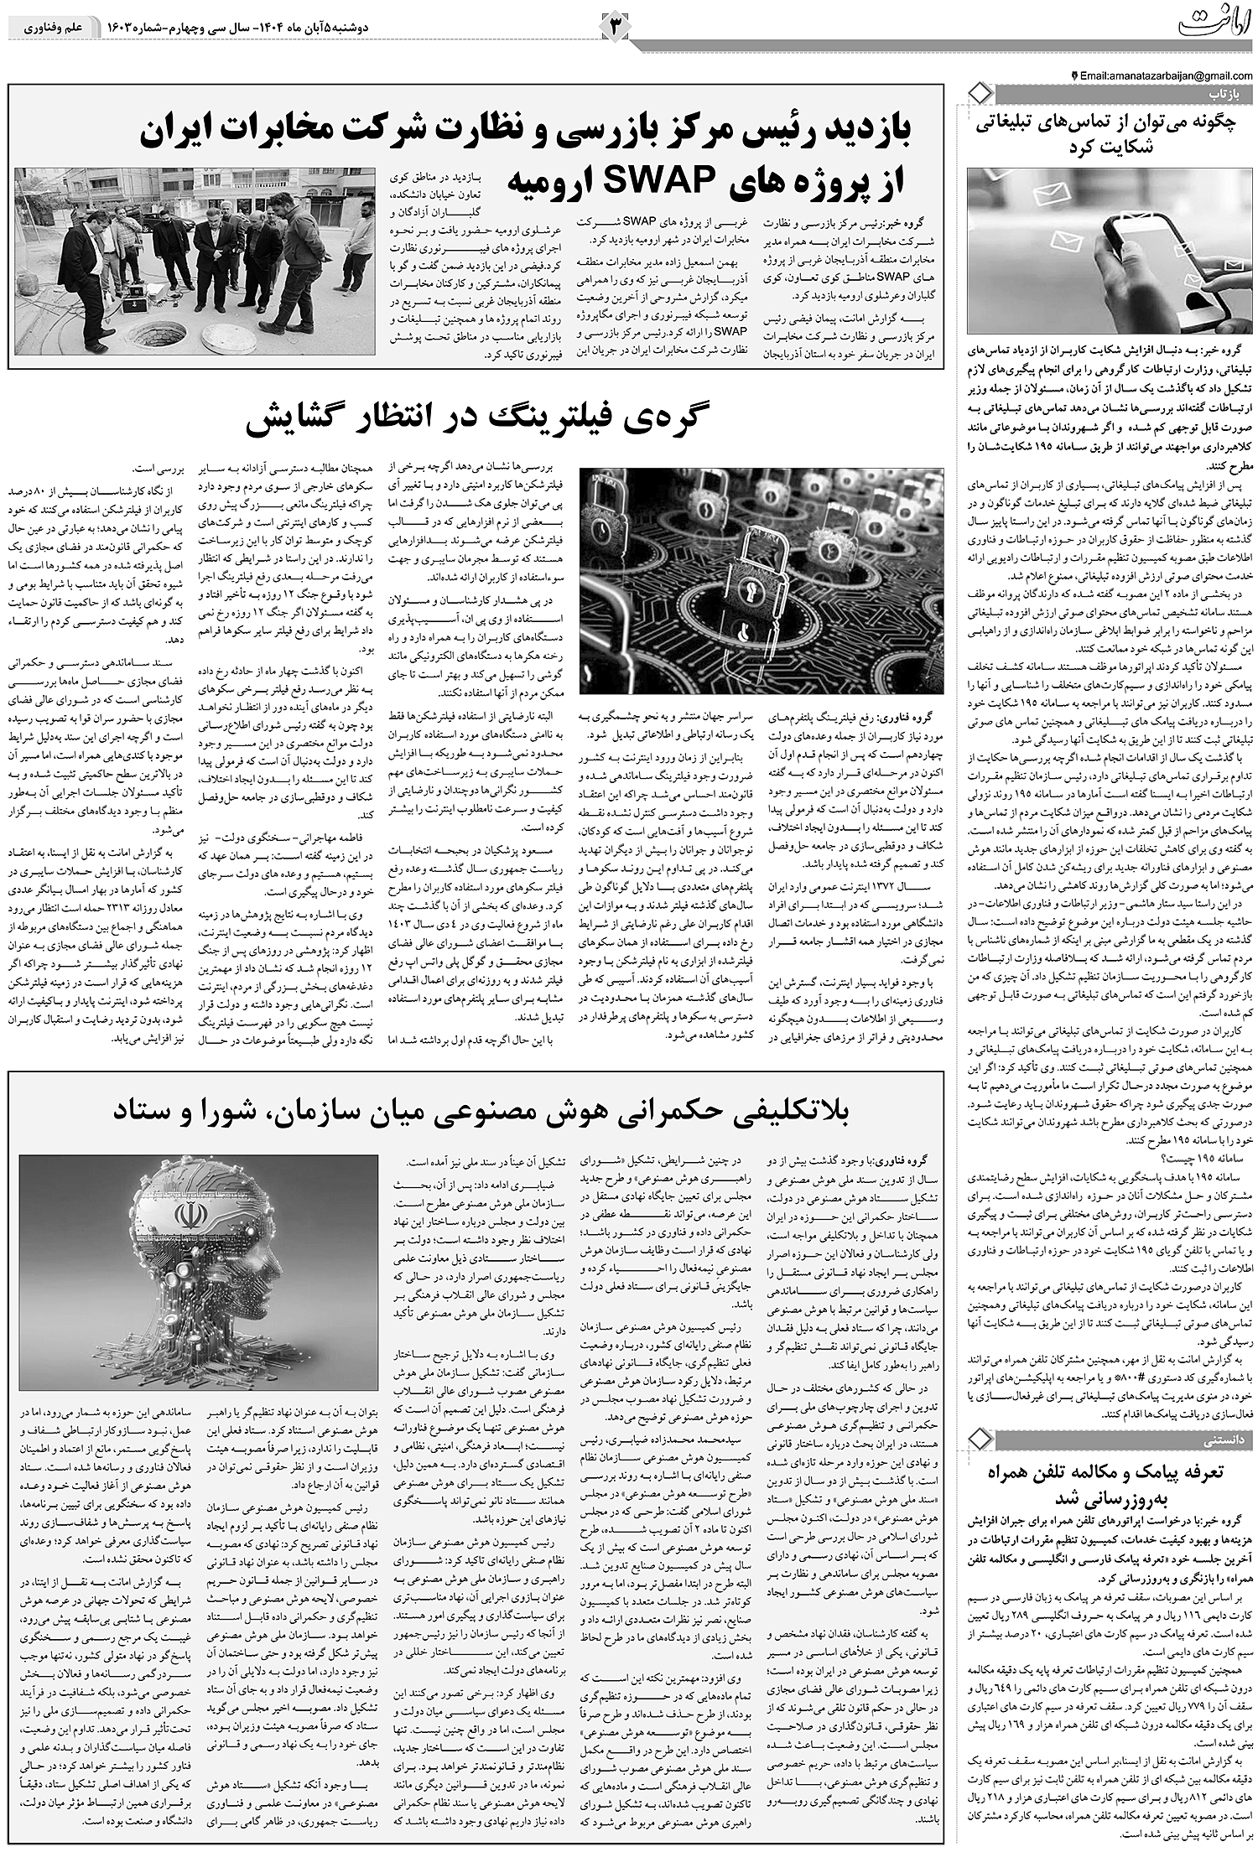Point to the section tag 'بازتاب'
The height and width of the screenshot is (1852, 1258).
1227,91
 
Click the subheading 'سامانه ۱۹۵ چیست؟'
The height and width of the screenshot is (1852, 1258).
1208,1156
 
